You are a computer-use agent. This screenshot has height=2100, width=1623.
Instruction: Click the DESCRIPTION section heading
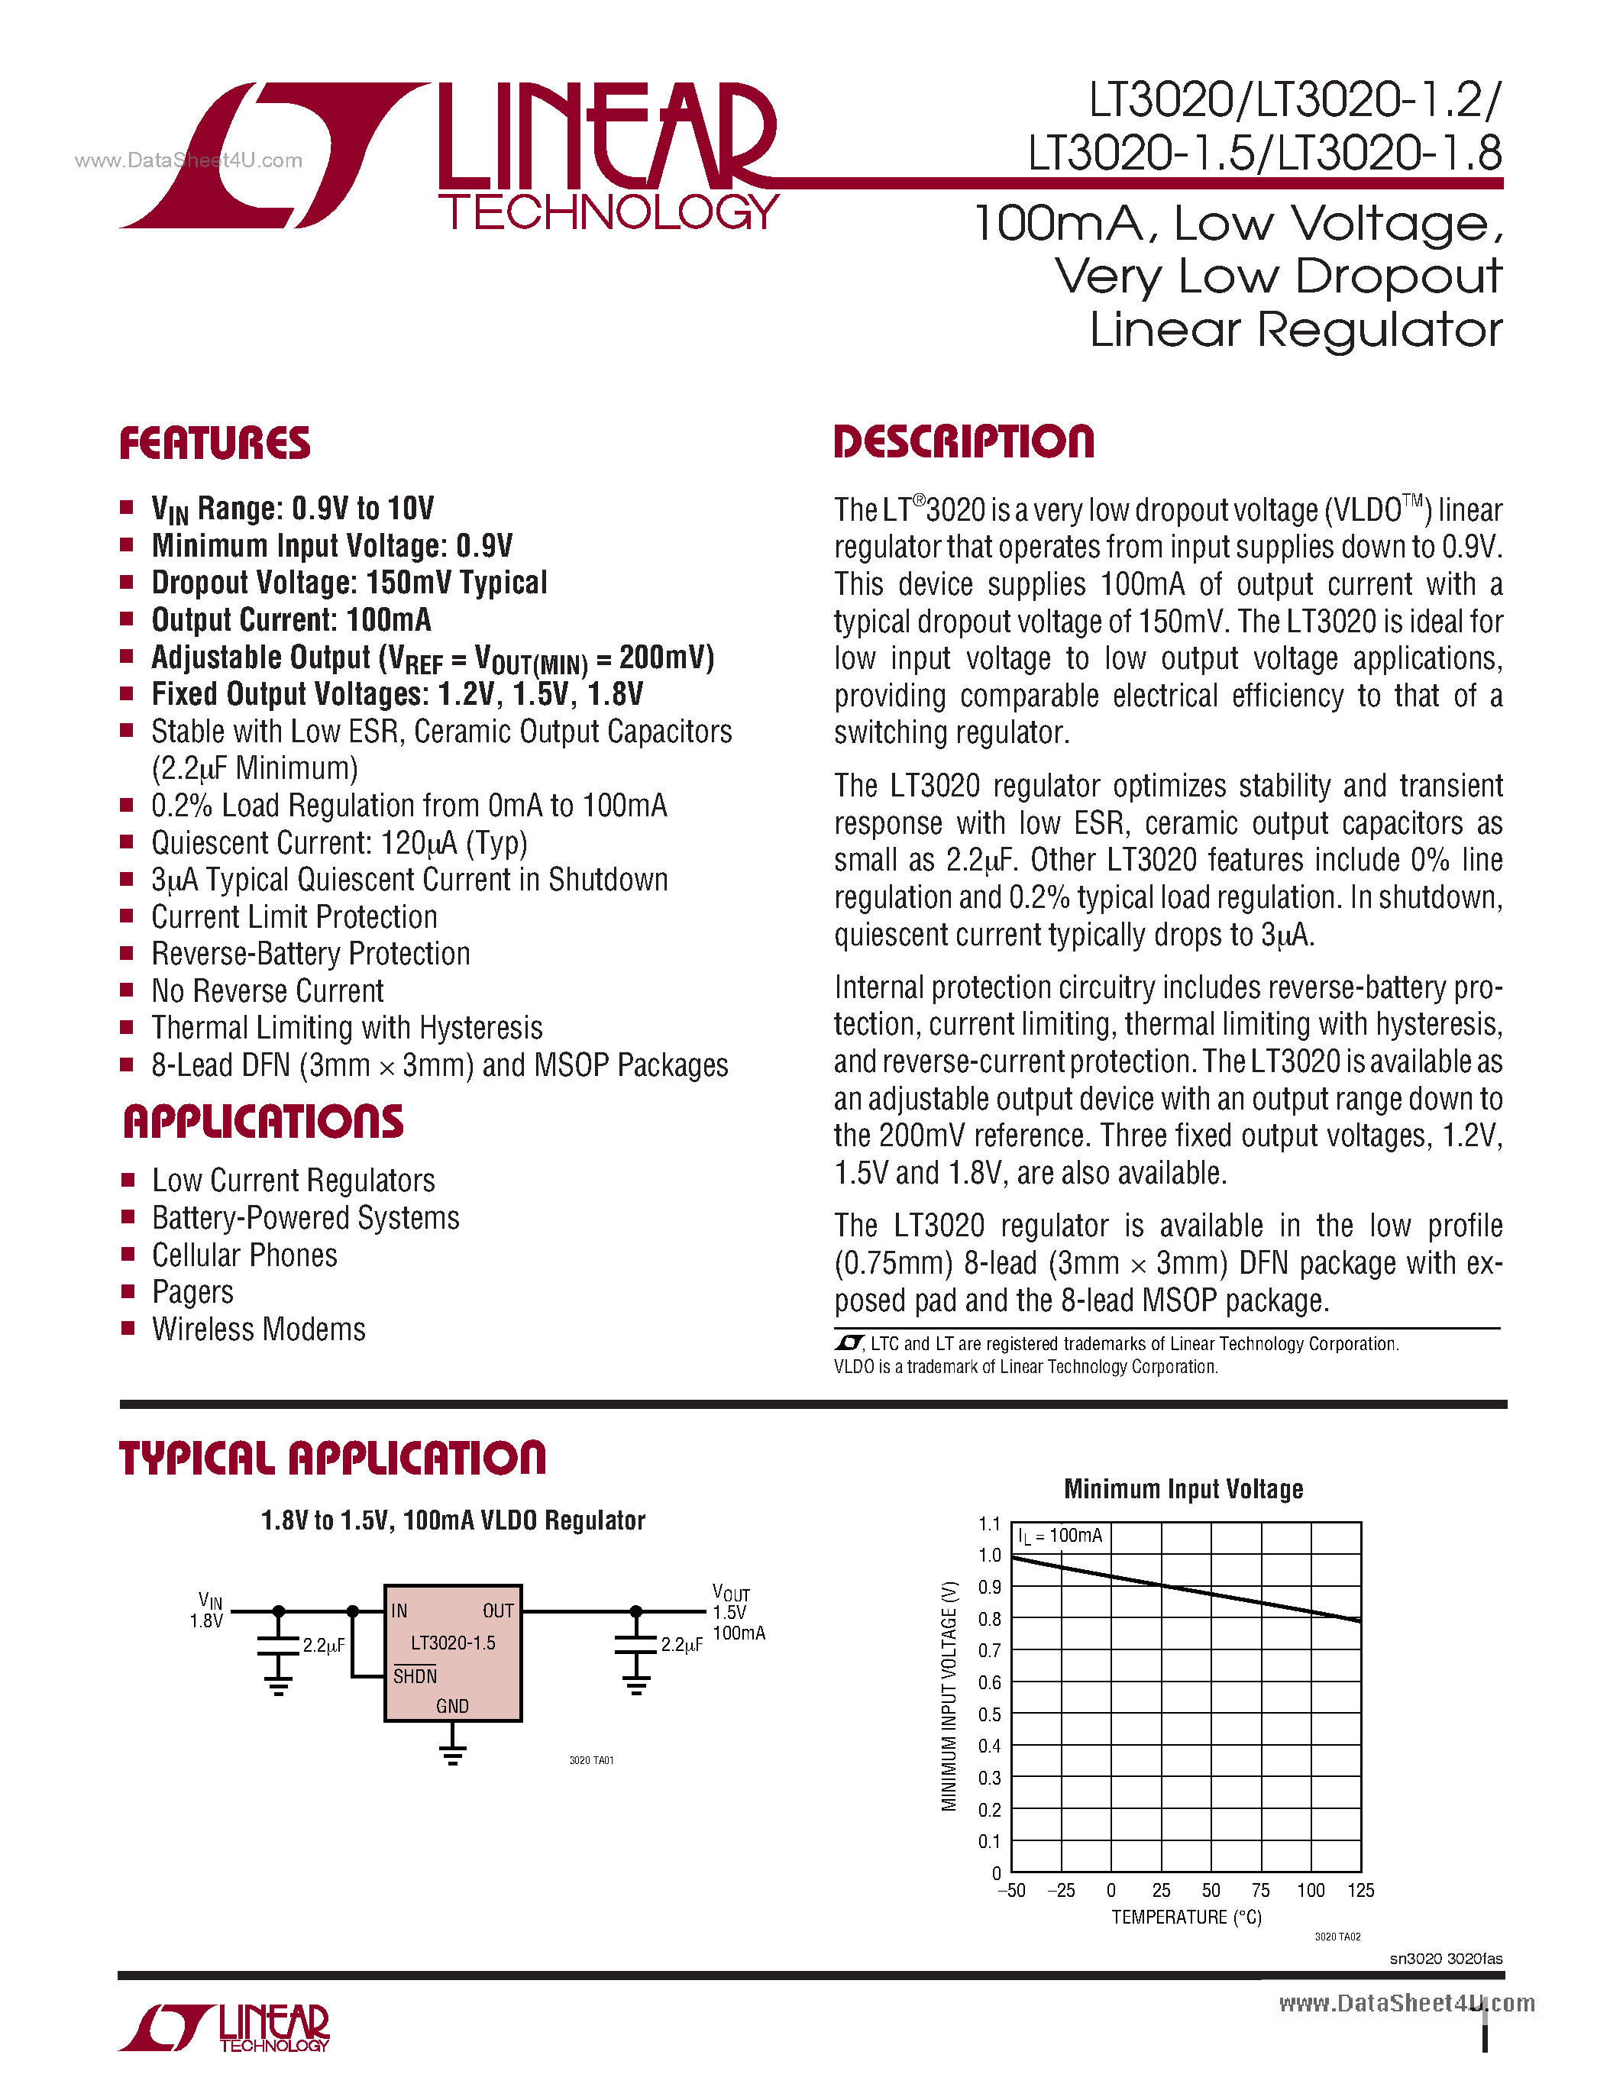pyautogui.click(x=963, y=442)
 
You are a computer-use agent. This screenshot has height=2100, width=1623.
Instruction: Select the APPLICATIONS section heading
pyautogui.click(x=263, y=1122)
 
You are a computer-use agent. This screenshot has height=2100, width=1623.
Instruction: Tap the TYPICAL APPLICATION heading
pyautogui.click(x=331, y=1458)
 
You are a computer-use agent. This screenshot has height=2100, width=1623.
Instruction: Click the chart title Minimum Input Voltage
pyautogui.click(x=1182, y=1489)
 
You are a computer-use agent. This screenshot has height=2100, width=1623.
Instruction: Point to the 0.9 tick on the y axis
pyautogui.click(x=989, y=1588)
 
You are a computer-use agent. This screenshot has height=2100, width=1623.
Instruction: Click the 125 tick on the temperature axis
pyautogui.click(x=1360, y=1891)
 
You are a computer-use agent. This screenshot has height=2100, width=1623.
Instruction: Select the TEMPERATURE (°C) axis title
pyautogui.click(x=1186, y=1917)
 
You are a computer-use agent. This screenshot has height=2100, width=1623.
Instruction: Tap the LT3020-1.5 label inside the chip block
pyautogui.click(x=453, y=1643)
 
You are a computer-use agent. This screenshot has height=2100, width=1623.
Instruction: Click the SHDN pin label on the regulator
pyautogui.click(x=415, y=1676)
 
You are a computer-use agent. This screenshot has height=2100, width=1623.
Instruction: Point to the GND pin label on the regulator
pyautogui.click(x=452, y=1706)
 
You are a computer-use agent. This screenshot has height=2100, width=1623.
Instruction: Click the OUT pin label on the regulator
pyautogui.click(x=498, y=1611)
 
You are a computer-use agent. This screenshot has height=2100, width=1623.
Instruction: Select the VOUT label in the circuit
pyautogui.click(x=731, y=1593)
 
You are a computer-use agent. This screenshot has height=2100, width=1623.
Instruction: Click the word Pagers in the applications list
pyautogui.click(x=192, y=1292)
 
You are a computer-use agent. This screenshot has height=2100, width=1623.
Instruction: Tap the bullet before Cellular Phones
pyautogui.click(x=127, y=1255)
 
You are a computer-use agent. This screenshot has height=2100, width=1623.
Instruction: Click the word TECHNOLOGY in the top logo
pyautogui.click(x=609, y=212)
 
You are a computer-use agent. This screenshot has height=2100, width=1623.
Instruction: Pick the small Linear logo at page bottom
pyautogui.click(x=224, y=2029)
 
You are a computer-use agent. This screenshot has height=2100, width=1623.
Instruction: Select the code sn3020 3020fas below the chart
pyautogui.click(x=1445, y=1959)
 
